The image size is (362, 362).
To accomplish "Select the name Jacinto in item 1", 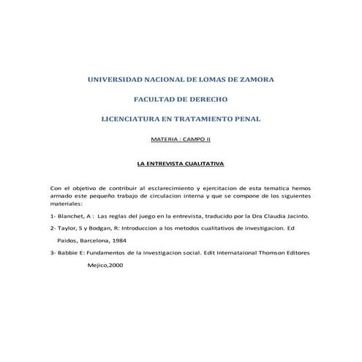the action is tap(298, 216).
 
